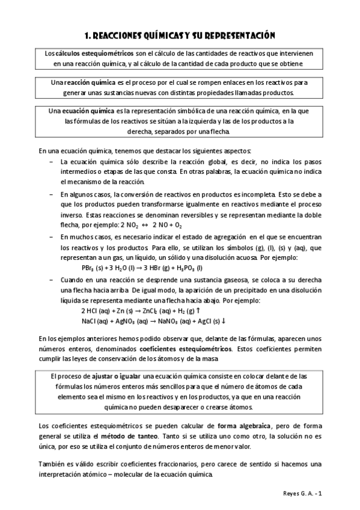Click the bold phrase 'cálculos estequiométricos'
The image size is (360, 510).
(90, 53)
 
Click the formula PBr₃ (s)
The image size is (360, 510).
(94, 268)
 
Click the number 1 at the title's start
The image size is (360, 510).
(87, 36)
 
